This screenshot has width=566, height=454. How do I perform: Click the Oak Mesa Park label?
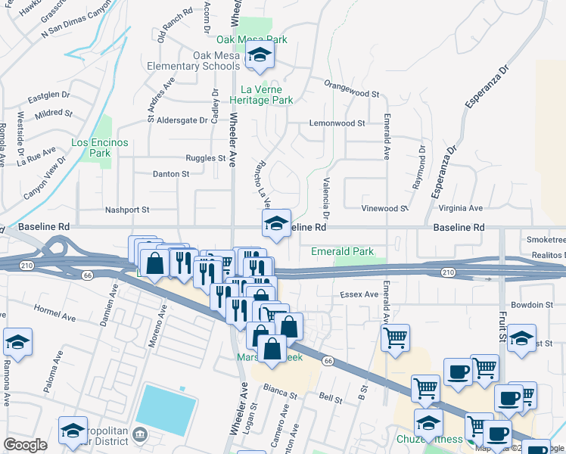252,39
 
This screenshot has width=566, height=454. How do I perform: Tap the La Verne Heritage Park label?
261,94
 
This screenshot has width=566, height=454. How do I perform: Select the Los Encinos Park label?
100,148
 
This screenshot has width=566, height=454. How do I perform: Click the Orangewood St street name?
351,93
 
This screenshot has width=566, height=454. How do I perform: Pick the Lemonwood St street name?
337,123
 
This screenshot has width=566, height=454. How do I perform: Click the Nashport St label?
127,210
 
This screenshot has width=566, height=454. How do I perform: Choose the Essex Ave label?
359,294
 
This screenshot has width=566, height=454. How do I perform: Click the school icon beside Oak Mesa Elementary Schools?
260,55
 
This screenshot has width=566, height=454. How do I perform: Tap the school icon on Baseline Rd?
276,223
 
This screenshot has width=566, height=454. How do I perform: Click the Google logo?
26,445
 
